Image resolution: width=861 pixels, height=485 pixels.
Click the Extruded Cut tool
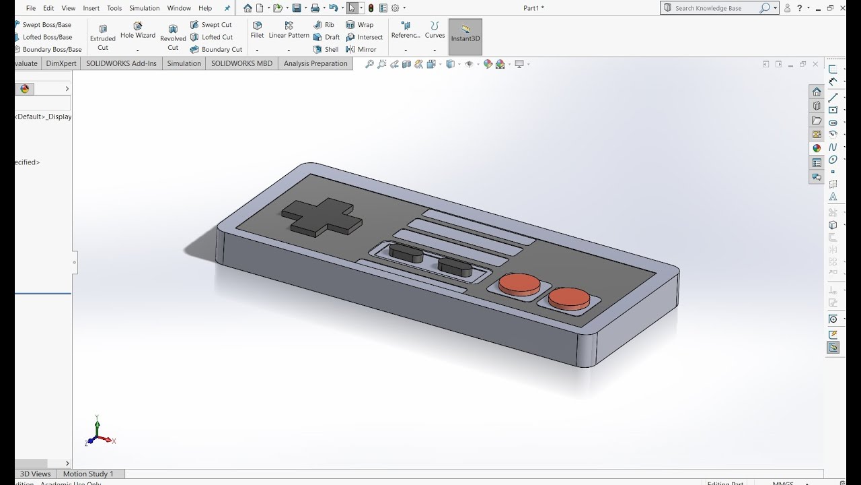coord(103,37)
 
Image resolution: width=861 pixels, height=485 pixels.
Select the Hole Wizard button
coord(138,30)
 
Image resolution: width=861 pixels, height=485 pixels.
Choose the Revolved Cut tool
coord(173,37)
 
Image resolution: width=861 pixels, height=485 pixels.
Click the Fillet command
coord(257,30)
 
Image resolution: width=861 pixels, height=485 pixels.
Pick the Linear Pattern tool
coord(289,30)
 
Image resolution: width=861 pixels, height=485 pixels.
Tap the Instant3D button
coord(465,34)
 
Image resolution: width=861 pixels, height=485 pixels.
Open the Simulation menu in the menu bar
coord(144,8)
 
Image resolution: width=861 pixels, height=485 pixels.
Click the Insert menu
coord(91,8)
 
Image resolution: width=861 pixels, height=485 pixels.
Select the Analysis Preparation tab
coord(315,63)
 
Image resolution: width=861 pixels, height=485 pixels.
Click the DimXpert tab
coord(62,63)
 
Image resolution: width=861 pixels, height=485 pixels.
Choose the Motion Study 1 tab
coord(88,474)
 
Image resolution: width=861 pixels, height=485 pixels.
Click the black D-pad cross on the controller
coord(321,217)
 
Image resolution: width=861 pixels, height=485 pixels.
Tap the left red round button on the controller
coord(519,283)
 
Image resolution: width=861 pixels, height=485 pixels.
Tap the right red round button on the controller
coord(568,297)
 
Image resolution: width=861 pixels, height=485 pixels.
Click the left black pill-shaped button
coord(406,253)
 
